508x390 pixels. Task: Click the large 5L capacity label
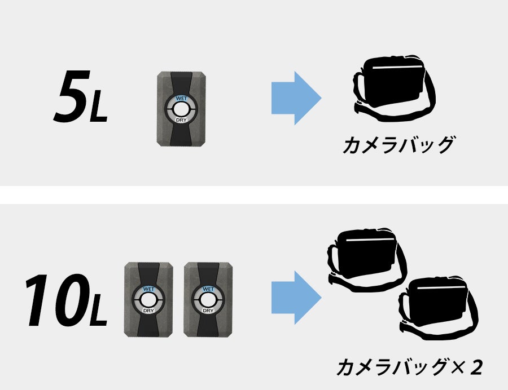click(80, 96)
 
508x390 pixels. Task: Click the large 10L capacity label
click(66, 300)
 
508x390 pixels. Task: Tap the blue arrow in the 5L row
click(296, 98)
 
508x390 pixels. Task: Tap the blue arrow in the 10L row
click(296, 298)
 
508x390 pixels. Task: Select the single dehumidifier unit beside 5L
click(181, 109)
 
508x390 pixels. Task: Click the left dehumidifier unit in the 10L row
click(148, 300)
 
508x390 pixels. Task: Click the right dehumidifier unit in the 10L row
click(208, 300)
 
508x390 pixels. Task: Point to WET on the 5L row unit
click(181, 98)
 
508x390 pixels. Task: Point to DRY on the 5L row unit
click(181, 120)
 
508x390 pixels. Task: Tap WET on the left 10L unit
click(148, 289)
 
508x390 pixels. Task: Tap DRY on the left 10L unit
click(148, 311)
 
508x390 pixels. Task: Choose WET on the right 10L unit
click(208, 289)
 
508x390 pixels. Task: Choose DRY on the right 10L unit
click(208, 311)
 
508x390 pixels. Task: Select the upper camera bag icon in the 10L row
click(367, 260)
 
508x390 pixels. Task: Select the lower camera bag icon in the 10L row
click(439, 307)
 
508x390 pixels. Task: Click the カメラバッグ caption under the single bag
click(398, 144)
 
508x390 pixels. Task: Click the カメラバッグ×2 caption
click(410, 367)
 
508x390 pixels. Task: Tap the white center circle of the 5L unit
click(181, 109)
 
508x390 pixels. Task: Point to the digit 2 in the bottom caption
click(476, 367)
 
